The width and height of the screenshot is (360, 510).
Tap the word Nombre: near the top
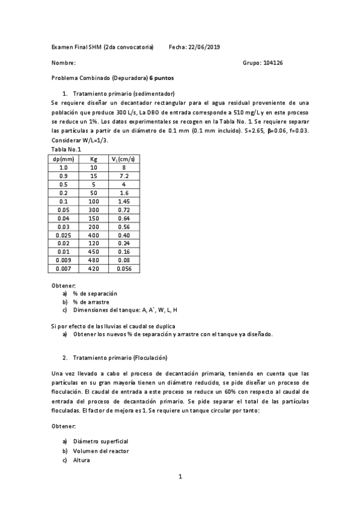click(x=64, y=63)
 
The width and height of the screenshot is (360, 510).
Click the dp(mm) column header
click(x=63, y=159)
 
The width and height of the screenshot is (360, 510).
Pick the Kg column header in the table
click(x=93, y=159)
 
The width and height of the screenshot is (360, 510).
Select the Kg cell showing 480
click(x=93, y=260)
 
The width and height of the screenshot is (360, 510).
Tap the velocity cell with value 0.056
click(x=123, y=268)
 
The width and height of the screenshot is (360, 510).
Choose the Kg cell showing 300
click(x=93, y=209)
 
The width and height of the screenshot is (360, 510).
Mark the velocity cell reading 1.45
click(x=123, y=201)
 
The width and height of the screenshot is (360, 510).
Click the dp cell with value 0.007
click(x=63, y=268)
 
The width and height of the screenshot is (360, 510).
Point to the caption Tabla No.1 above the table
click(x=66, y=149)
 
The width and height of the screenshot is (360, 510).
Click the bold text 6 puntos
click(x=162, y=78)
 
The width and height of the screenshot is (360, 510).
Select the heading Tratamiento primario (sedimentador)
click(x=123, y=94)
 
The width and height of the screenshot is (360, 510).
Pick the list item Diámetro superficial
click(x=100, y=441)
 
